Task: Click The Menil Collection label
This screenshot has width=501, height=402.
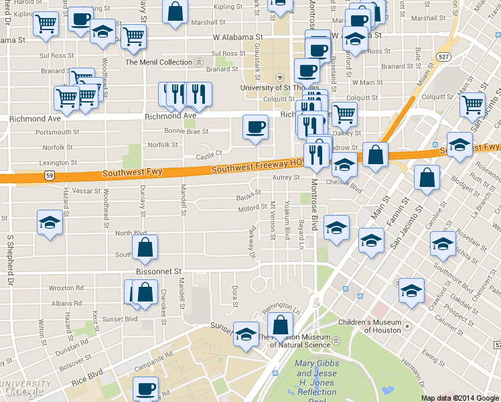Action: tap(159, 62)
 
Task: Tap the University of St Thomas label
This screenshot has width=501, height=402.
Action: tap(275, 87)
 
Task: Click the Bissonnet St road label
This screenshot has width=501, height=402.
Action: tap(159, 272)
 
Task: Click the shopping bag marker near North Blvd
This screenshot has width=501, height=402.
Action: tap(145, 248)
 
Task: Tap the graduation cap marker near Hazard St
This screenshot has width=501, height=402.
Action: tap(50, 222)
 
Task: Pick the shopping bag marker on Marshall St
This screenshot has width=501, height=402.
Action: tap(175, 12)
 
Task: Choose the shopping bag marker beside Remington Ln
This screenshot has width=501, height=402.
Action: tap(280, 326)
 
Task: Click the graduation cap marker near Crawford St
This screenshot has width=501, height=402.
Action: tap(411, 290)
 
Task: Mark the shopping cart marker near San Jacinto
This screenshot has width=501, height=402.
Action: tap(472, 105)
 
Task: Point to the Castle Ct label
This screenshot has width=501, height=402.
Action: tap(209, 156)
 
